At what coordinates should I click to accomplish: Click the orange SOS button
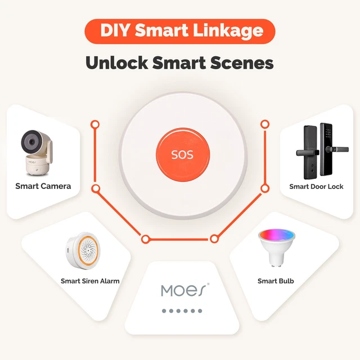pyautogui.click(x=182, y=154)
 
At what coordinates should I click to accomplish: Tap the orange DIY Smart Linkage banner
pyautogui.click(x=179, y=31)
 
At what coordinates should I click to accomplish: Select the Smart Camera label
pyautogui.click(x=43, y=186)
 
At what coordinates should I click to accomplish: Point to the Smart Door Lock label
pyautogui.click(x=316, y=186)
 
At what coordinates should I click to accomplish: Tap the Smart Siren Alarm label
pyautogui.click(x=90, y=281)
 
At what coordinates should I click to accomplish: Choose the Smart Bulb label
pyautogui.click(x=276, y=281)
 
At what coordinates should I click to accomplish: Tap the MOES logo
pyautogui.click(x=184, y=290)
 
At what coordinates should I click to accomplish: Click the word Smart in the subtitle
pyautogui.click(x=178, y=62)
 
